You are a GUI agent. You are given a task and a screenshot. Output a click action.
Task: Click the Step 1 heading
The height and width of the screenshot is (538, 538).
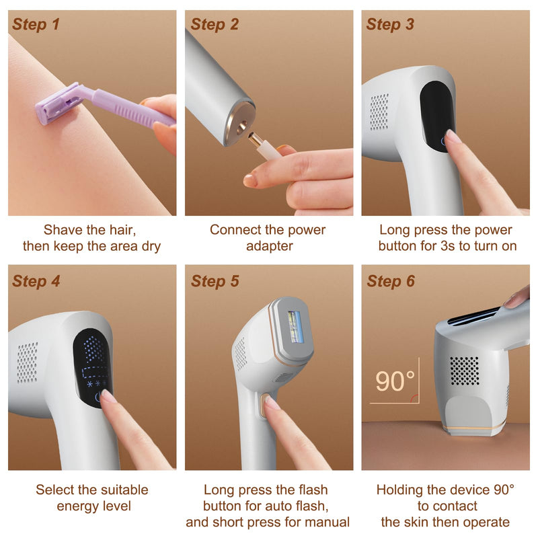click(x=36, y=25)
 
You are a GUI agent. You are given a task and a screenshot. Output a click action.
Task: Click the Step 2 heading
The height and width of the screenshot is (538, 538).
click(x=215, y=25)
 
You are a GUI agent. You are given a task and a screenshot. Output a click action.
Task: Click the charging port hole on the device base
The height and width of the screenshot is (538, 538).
click(x=240, y=124)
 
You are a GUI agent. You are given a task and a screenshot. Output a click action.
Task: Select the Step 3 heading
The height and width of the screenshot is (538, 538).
click(x=390, y=25)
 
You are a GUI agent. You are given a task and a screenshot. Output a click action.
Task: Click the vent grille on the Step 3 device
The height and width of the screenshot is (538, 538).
click(x=379, y=111)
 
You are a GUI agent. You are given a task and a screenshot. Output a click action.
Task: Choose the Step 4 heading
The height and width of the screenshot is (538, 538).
click(x=36, y=281)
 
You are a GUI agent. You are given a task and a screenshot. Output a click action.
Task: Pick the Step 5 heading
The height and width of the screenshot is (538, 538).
click(x=215, y=281)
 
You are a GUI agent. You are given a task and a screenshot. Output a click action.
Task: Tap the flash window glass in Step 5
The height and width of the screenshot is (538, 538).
click(x=296, y=326)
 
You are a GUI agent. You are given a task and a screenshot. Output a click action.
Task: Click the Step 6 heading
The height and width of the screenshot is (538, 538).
click(x=390, y=281)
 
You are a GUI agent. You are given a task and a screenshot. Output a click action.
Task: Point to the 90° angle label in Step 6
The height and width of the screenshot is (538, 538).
click(x=395, y=381)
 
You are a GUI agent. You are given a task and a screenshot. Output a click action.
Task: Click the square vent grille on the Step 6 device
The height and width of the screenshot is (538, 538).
click(x=464, y=371)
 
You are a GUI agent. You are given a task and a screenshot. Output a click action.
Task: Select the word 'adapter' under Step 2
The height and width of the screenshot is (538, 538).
click(x=269, y=246)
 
